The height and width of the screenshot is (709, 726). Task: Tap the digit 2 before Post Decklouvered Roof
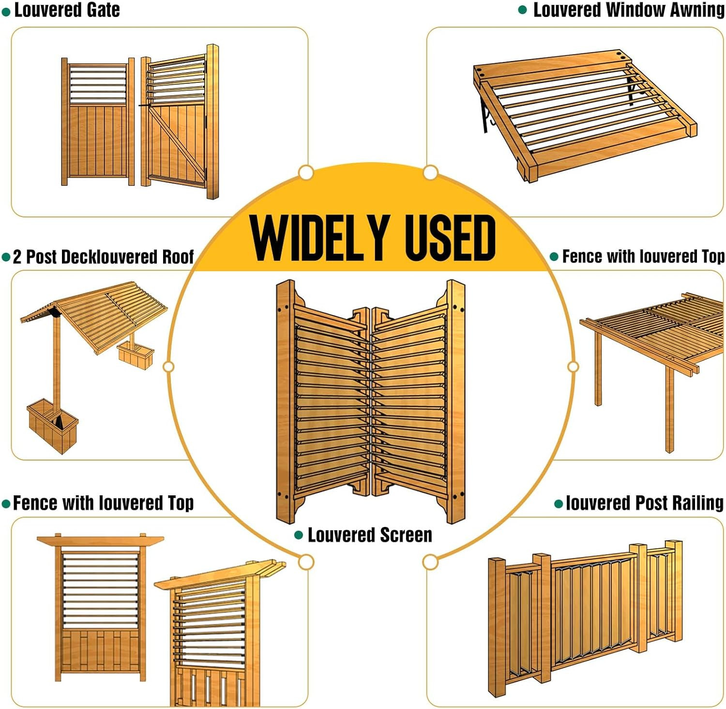[17, 257]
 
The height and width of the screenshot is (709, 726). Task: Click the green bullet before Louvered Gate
[6, 12]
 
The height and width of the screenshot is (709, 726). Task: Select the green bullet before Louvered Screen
[299, 535]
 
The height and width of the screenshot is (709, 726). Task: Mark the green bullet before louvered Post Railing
[559, 504]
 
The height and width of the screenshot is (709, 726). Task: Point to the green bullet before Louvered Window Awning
[523, 10]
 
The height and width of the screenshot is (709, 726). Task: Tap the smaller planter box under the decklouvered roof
[136, 355]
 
